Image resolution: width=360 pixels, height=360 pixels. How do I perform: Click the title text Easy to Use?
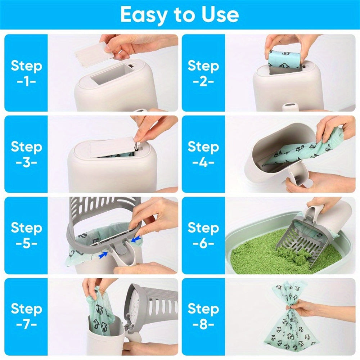pyautogui.click(x=179, y=15)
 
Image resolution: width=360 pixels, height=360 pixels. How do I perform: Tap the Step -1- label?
pyautogui.click(x=26, y=73)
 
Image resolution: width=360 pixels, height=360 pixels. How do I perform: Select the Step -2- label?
pyautogui.click(x=203, y=73)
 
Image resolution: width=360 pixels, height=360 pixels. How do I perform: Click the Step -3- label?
pyautogui.click(x=26, y=154)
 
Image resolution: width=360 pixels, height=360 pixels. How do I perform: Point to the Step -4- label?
pyautogui.click(x=203, y=154)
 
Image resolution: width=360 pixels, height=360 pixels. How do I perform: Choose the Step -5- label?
pyautogui.click(x=26, y=235)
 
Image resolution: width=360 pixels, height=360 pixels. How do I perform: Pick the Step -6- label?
pyautogui.click(x=203, y=235)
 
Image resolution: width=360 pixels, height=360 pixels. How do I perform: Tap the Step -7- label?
pyautogui.click(x=26, y=316)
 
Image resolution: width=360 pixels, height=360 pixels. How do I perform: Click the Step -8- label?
pyautogui.click(x=203, y=316)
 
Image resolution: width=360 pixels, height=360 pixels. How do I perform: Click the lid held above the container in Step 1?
pyautogui.click(x=93, y=54)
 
